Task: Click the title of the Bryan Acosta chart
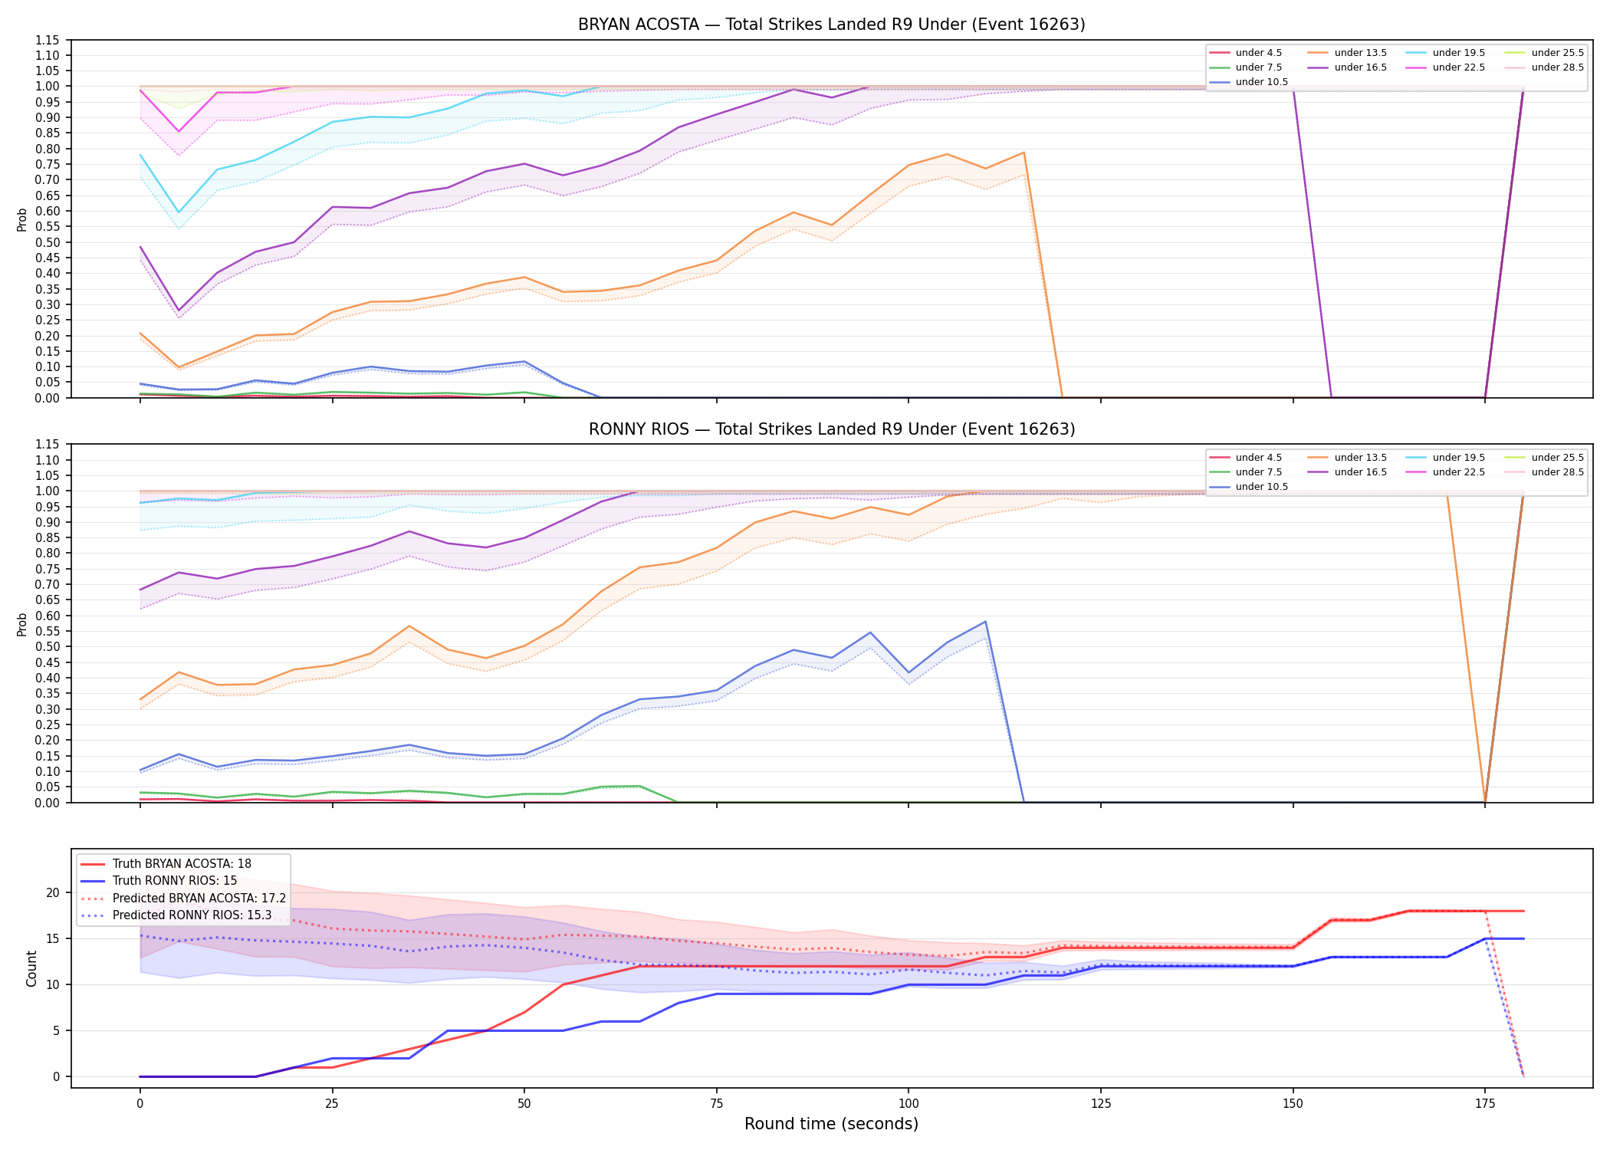tap(831, 25)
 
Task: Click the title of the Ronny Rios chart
tap(832, 429)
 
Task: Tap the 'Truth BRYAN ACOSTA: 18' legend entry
tap(166, 864)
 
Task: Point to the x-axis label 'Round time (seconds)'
tap(831, 1124)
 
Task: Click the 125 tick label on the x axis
tap(1101, 1104)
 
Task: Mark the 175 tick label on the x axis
tap(1485, 1104)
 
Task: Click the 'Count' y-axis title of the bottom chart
tap(31, 968)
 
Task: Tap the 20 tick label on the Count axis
tap(53, 892)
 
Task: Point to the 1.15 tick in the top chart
tap(49, 40)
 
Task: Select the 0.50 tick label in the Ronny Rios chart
tap(49, 646)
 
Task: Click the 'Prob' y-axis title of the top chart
tap(22, 219)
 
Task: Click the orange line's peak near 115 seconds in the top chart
tap(1024, 153)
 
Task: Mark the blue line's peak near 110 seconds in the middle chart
tap(985, 622)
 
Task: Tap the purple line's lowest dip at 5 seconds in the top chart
tap(179, 310)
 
